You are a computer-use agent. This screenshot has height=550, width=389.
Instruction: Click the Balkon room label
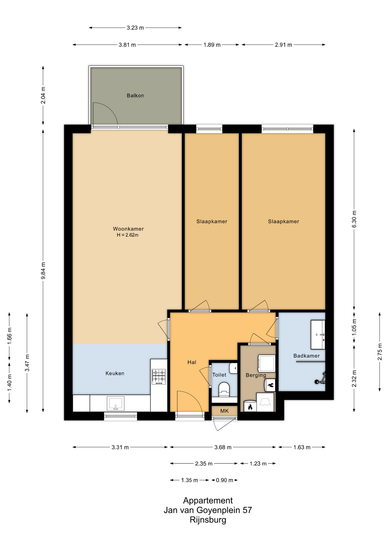point(135,95)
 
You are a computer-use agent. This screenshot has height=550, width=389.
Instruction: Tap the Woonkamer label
point(128,229)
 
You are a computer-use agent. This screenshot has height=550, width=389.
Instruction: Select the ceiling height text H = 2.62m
point(127,235)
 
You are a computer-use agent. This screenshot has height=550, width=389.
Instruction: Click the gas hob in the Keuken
point(159,376)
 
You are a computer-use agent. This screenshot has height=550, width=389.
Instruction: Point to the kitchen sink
point(115,403)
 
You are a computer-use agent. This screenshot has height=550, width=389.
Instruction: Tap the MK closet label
point(224,411)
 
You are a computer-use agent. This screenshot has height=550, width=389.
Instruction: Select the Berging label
point(256,375)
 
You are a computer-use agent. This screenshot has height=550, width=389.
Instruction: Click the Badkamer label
point(307,356)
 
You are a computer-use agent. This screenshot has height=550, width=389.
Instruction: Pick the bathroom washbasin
point(318,335)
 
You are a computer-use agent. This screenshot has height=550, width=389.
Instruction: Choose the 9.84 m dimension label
point(43,271)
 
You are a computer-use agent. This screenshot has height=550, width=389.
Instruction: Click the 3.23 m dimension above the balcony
point(135,28)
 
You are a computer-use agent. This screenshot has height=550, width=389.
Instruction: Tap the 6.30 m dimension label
point(354,219)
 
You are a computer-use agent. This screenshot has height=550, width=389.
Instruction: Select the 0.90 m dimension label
point(224,480)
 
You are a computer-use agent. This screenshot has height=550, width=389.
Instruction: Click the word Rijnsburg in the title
point(208,520)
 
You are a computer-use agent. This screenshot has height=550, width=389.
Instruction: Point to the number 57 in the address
point(247,510)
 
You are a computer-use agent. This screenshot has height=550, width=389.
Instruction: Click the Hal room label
point(192,362)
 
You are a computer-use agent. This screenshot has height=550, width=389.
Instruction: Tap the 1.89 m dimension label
point(212,45)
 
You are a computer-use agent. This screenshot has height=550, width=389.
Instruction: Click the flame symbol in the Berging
point(250,407)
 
